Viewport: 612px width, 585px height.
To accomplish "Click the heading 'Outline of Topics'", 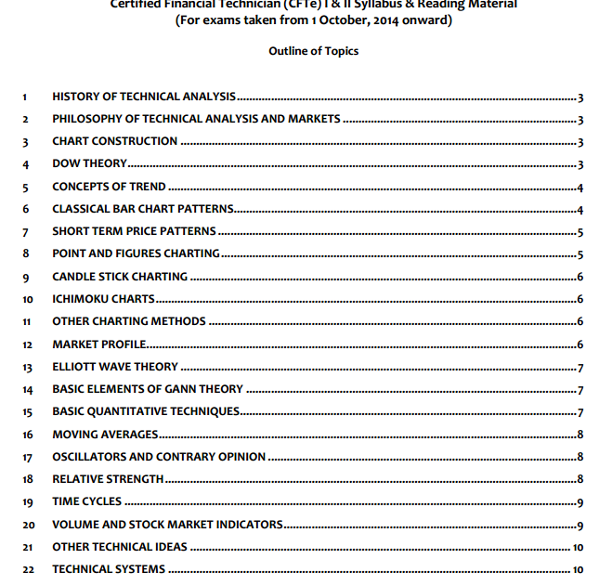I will [x=313, y=51].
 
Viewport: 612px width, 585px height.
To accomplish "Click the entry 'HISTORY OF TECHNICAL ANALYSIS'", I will [x=144, y=97].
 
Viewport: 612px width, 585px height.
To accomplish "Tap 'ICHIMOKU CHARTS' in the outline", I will [x=103, y=299].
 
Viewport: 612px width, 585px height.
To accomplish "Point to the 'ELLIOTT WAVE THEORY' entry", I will [x=115, y=367].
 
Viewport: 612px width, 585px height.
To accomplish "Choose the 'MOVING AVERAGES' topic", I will [x=105, y=434].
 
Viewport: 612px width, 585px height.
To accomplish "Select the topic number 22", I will [x=28, y=569].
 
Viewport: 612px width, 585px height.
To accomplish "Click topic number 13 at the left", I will [x=28, y=367].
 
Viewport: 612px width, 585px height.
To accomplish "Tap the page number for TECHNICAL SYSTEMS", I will [x=578, y=569].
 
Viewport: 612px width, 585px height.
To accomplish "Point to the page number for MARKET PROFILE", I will [x=579, y=344].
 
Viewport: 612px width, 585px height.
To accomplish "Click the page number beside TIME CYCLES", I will [x=579, y=502].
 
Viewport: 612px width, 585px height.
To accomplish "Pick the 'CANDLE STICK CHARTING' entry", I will [x=120, y=277].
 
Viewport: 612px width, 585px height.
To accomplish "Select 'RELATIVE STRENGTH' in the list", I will [x=108, y=479].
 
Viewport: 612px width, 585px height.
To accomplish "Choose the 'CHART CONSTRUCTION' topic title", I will [x=115, y=141].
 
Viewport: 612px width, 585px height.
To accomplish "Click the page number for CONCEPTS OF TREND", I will [x=579, y=187].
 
